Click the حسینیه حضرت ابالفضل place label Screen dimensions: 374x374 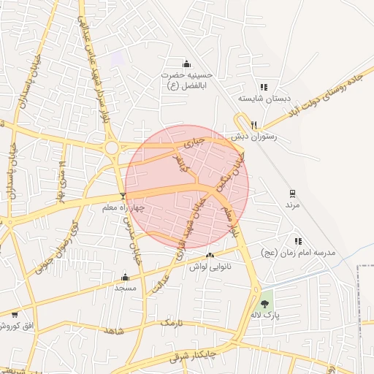[x=188, y=80]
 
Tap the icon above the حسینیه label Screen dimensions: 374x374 [x=186, y=63]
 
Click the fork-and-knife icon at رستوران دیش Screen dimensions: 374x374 [x=254, y=124]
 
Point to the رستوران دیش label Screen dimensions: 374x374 [x=251, y=136]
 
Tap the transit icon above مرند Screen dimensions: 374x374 [x=292, y=193]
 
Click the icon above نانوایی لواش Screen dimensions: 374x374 [x=210, y=256]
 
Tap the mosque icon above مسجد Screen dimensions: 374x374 [x=125, y=277]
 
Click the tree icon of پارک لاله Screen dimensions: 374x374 [x=264, y=303]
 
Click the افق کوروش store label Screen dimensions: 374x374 [x=22, y=324]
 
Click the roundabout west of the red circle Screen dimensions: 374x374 [x=112, y=148]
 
